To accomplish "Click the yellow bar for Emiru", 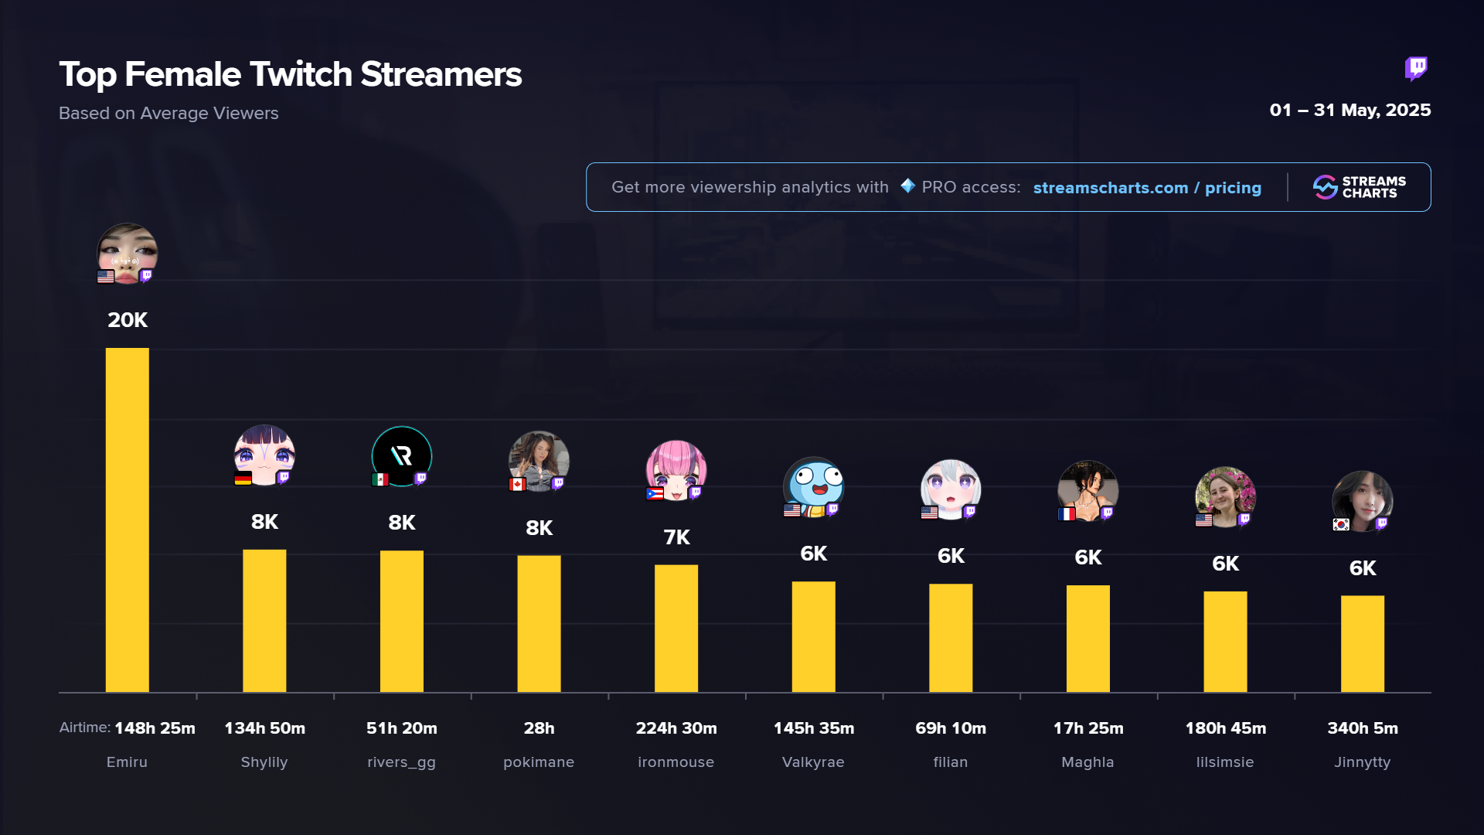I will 127,520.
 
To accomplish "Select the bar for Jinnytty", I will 1362,643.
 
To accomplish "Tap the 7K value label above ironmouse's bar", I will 676,537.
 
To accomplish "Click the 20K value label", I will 128,320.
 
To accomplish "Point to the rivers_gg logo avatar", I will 401,456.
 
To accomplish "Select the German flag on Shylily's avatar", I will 243,479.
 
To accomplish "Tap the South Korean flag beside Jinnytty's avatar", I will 1341,524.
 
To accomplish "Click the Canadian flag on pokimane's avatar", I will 517,484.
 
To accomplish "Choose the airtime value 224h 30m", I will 676,728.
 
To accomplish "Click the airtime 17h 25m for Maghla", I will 1088,728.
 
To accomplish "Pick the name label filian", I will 951,762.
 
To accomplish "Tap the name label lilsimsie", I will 1225,762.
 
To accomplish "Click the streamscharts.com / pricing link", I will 1147,188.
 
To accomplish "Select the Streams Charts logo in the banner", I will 1360,187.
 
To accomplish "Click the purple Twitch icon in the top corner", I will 1416,69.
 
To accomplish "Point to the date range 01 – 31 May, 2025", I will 1350,111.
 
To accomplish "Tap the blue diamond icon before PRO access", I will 907,186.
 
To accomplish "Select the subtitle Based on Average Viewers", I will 168,114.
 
